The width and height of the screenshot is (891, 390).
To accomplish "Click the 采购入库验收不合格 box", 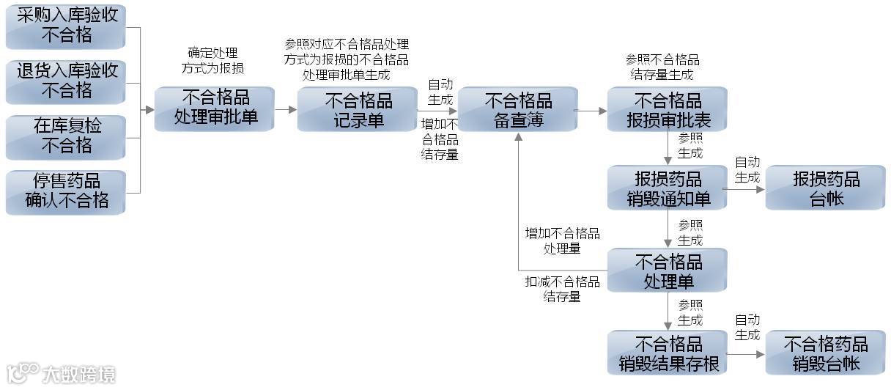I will point(65,26).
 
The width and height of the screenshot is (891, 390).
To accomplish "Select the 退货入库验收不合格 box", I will point(65,81).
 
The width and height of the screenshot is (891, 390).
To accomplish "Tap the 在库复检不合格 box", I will point(65,136).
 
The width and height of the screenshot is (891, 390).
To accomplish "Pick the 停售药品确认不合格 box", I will point(65,191).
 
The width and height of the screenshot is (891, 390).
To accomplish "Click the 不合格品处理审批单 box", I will point(214,108).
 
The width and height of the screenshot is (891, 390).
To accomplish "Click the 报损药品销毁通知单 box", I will point(667,188).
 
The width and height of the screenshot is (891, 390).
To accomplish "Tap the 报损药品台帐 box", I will point(825,188).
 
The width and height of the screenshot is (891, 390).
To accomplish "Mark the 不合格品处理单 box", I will point(667,271).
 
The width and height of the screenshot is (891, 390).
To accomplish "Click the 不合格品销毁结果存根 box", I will point(667,353).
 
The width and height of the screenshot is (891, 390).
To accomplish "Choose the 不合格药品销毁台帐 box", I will point(825,353).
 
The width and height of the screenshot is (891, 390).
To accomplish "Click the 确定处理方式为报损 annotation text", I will point(212,60).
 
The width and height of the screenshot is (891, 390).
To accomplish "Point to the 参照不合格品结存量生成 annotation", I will point(661,67).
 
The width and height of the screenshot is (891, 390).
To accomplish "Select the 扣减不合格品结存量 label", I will point(562,289).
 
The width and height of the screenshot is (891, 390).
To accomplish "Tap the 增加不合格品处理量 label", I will point(562,240).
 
